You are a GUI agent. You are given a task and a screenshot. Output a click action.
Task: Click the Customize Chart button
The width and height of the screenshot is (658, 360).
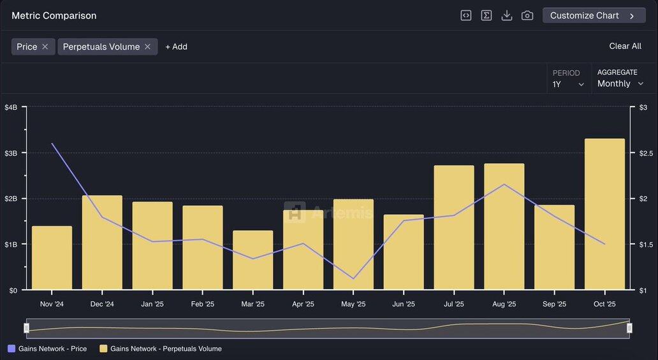tap(593, 15)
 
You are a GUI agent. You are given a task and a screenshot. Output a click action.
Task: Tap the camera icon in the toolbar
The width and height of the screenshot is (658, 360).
tap(527, 15)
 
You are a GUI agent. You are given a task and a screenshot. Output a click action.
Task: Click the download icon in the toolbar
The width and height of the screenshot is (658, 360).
tap(507, 15)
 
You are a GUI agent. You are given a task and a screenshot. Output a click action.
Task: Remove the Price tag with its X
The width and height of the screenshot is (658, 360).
tap(45, 47)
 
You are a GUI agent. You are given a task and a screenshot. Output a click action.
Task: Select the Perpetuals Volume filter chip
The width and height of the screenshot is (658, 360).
tap(101, 47)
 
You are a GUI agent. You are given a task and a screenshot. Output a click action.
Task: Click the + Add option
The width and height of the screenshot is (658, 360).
tap(176, 47)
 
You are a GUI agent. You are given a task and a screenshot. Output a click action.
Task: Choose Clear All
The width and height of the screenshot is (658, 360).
tap(625, 46)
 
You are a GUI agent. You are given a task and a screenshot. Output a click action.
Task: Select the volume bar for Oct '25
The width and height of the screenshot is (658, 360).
tap(604, 214)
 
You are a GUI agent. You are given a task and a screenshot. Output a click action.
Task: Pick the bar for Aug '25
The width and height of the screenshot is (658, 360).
tap(504, 227)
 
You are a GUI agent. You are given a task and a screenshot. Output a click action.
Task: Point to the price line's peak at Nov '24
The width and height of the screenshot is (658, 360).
tap(52, 143)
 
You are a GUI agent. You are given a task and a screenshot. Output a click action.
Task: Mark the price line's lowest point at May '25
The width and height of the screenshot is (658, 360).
tap(353, 278)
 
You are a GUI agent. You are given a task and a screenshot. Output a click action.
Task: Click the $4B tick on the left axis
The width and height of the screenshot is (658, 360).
tap(11, 107)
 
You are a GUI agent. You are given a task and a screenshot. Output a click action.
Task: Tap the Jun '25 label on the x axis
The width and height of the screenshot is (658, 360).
tap(404, 304)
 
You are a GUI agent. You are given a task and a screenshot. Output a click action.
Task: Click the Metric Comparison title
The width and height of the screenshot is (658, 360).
tap(54, 15)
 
